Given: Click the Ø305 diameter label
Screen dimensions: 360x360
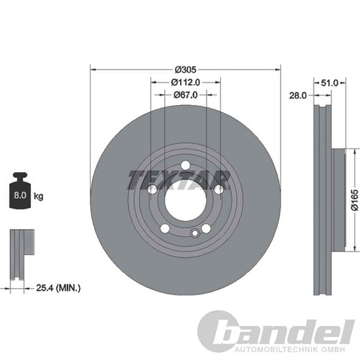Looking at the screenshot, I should [184, 69].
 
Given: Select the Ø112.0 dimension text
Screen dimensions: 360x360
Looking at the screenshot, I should [185, 82].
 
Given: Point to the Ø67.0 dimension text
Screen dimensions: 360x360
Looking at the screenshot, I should [185, 95].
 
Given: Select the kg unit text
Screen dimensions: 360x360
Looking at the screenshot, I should [38, 195].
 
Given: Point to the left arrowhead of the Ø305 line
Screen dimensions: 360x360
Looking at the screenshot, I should [91, 69].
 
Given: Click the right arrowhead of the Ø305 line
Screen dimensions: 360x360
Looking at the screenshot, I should [279, 69].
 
